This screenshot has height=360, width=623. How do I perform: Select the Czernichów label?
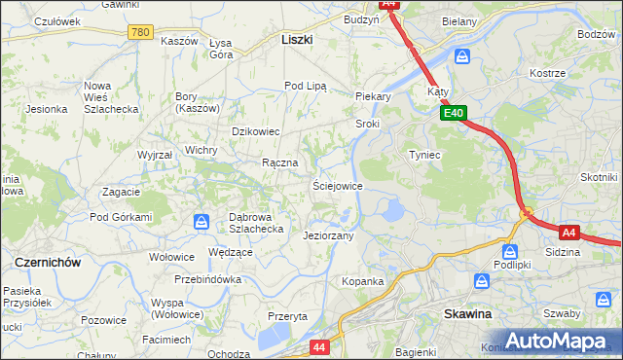tap(47, 263)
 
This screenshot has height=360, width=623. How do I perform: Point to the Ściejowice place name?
tap(337, 185)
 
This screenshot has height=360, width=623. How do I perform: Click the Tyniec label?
tap(424, 155)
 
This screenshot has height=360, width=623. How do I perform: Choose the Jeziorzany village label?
tap(328, 235)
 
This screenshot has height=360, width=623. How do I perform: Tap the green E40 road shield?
tap(453, 113)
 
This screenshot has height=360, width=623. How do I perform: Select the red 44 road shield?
tap(319, 345)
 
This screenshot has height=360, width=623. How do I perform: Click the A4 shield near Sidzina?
tap(570, 232)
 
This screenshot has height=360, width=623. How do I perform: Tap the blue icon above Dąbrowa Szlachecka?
tap(202, 221)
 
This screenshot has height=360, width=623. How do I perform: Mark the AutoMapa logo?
tap(563, 341)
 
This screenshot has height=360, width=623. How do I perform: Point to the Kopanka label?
tap(362, 281)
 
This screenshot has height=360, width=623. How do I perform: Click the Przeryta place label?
tap(287, 316)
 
